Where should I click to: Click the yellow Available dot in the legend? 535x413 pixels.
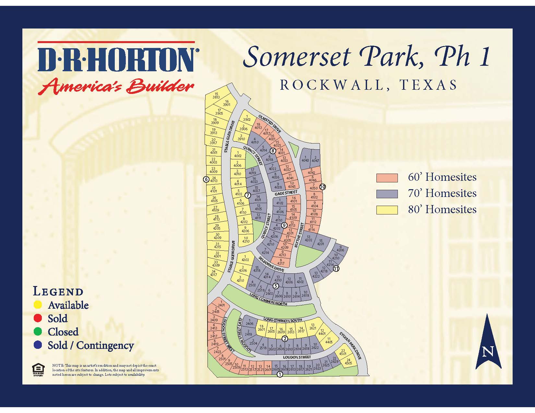tap(38, 305)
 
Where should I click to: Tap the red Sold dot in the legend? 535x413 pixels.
tap(38, 318)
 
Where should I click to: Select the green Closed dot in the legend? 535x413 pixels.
tap(38, 332)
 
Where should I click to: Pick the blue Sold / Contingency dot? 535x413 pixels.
tap(38, 345)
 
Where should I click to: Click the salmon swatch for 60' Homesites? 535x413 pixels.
tap(387, 178)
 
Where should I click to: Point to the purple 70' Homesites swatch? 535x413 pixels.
tap(387, 194)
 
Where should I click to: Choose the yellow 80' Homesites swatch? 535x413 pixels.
tap(387, 210)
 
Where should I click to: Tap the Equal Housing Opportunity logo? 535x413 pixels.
tap(38, 369)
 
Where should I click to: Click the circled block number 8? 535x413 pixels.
tap(273, 151)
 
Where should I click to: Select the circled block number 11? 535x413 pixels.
tap(336, 268)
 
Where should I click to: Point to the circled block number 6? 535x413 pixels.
tap(206, 179)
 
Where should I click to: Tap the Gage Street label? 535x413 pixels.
tap(286, 193)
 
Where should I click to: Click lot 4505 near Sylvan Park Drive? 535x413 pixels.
tap(348, 361)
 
